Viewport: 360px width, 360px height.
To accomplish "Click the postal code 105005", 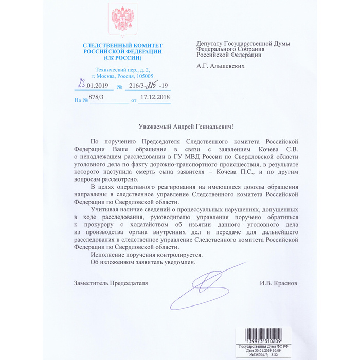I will [x=141, y=76].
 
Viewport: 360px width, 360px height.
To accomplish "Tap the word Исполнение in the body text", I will [x=109, y=254].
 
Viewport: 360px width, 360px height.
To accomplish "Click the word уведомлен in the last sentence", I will [x=178, y=262].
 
